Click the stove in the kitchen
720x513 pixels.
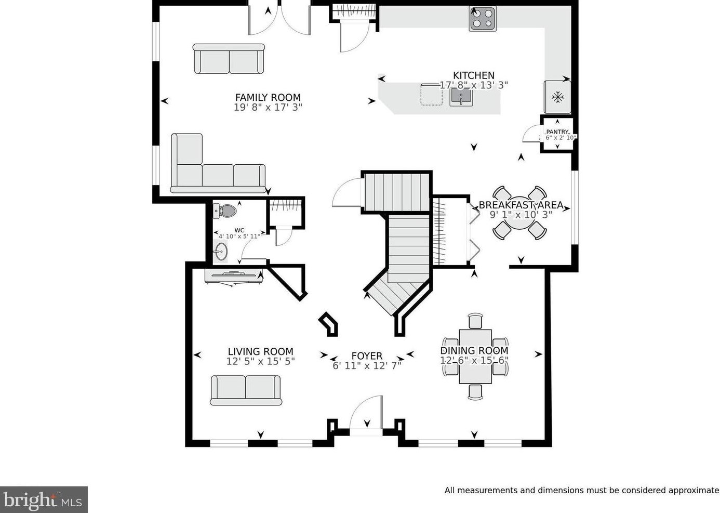tap(482, 19)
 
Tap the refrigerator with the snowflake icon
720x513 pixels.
tap(557, 97)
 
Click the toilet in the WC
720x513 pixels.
tap(226, 211)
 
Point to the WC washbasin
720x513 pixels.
tap(222, 252)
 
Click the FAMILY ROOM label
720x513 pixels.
tap(268, 97)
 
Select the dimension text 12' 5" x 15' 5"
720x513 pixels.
tap(260, 361)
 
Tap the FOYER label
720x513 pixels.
tap(367, 356)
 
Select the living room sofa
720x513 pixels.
tap(246, 390)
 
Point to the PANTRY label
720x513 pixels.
tap(557, 132)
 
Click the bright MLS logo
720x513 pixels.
tap(44, 500)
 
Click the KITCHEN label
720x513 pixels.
tap(473, 75)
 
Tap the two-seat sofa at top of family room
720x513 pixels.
tap(229, 59)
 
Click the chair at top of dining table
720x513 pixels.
tap(475, 321)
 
